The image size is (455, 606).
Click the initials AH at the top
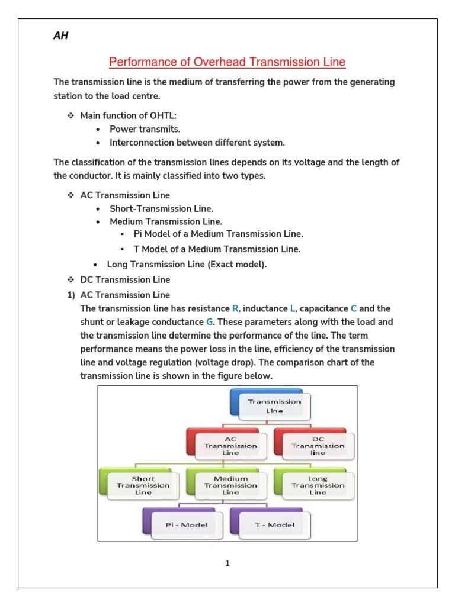tap(61, 36)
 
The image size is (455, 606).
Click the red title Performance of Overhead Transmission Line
tap(227, 62)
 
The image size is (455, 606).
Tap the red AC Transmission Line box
tap(230, 446)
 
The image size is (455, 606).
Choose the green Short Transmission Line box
tap(143, 485)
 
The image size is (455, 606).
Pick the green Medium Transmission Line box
tap(230, 485)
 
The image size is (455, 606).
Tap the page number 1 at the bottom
tap(227, 563)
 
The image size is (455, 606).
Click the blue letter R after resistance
tap(235, 309)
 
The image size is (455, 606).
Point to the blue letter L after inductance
tap(293, 309)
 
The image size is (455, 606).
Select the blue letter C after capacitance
tap(354, 309)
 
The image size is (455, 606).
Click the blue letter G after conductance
tap(209, 322)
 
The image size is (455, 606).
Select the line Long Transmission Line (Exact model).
tap(187, 265)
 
